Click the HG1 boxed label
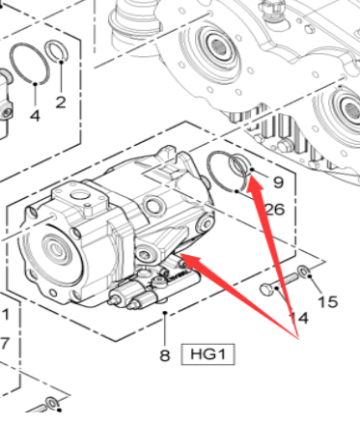208,354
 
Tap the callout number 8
164,355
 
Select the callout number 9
278,183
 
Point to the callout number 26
275,210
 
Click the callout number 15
328,302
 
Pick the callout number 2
61,102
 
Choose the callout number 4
35,115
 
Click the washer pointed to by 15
303,271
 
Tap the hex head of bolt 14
265,290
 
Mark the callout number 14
299,318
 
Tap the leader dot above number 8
165,312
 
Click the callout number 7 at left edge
4,344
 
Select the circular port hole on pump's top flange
78,195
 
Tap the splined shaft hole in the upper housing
223,48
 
